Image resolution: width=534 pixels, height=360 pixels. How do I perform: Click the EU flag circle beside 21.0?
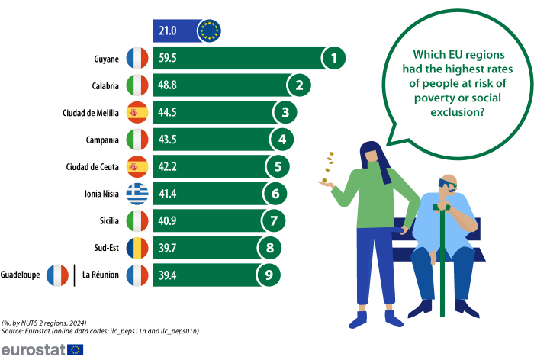click(x=208, y=31)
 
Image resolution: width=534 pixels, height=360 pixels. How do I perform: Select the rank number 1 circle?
click(x=333, y=57)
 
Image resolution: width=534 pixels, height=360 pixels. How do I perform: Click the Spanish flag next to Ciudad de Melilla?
click(x=137, y=113)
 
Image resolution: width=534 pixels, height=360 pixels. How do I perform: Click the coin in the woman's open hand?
click(x=324, y=181)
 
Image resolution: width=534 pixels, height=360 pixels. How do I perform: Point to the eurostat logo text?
click(x=33, y=349)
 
